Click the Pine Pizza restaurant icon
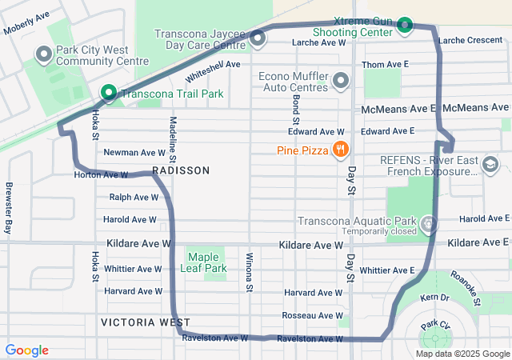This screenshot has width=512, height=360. pyautogui.click(x=341, y=149)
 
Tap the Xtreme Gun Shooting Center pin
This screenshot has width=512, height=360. pyautogui.click(x=405, y=25)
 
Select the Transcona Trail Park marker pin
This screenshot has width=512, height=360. pyautogui.click(x=107, y=93)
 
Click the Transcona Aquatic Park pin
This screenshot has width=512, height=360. pyautogui.click(x=430, y=222)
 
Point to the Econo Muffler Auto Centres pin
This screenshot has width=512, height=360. pyautogui.click(x=342, y=80)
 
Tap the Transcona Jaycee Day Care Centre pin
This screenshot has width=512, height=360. pyautogui.click(x=258, y=38)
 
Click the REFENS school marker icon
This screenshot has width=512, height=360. pyautogui.click(x=490, y=165)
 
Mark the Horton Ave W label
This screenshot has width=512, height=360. pyautogui.click(x=101, y=174)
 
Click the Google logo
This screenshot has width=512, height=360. pyautogui.click(x=26, y=350)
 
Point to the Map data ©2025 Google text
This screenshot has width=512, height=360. pyautogui.click(x=462, y=354)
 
